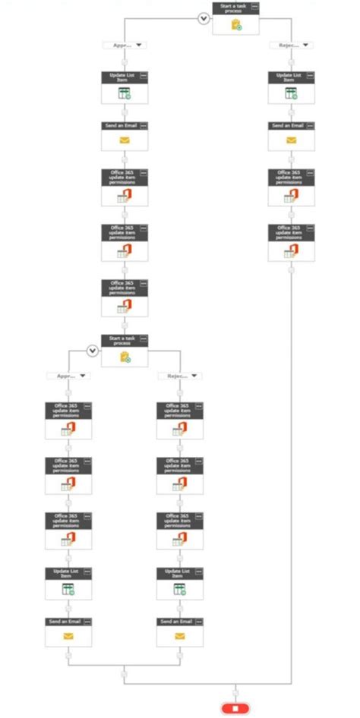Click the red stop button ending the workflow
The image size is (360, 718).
coord(235,707)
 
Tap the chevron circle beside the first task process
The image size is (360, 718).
coord(204,18)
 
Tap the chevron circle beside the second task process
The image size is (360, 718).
coord(93,350)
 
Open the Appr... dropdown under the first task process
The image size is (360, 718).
coord(125,46)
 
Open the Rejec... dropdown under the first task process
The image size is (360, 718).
coord(291,46)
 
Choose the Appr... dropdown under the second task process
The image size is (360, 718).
coord(68,376)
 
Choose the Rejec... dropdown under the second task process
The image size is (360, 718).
coord(180,376)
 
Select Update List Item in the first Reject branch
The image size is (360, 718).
coord(291,87)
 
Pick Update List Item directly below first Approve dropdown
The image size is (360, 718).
coord(125,87)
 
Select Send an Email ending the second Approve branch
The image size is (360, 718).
coord(68,631)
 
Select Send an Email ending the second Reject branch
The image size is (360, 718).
coord(180,631)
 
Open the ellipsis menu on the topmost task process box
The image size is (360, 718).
coord(254,6)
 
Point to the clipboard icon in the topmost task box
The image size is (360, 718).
coord(236,24)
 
